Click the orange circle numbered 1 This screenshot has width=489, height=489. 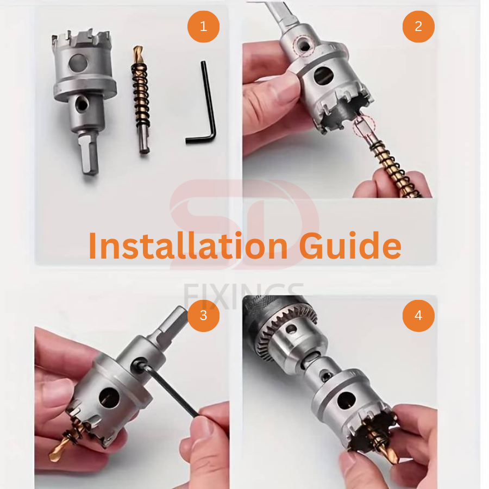point(203,27)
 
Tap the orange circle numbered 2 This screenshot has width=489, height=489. point(418,27)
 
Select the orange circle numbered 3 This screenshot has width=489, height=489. point(203,316)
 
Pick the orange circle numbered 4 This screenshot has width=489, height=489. point(418,316)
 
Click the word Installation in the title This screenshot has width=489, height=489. point(188,246)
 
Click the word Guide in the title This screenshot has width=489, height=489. point(350,246)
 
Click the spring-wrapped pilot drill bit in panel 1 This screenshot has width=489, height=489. point(141,100)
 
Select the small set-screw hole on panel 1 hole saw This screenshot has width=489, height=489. point(81,104)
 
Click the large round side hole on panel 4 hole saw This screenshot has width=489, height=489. point(346,400)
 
